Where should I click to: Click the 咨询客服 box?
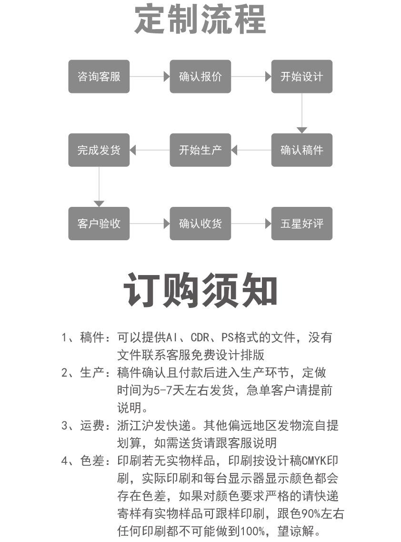click(x=99, y=76)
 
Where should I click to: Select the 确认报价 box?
click(x=200, y=76)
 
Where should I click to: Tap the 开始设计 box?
click(x=302, y=76)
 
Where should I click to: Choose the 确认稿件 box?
click(x=302, y=150)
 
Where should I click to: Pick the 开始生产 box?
click(x=200, y=150)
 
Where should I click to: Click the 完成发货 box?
click(x=99, y=150)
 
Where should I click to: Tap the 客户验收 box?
click(x=99, y=224)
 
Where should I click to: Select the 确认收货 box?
click(x=200, y=224)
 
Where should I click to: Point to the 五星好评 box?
click(x=302, y=224)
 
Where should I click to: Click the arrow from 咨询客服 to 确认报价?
click(x=150, y=76)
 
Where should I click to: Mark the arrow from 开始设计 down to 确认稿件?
click(x=302, y=113)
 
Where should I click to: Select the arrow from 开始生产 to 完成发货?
click(x=150, y=150)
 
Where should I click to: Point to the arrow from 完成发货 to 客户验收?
click(x=99, y=187)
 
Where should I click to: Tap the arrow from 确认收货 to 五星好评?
click(x=251, y=224)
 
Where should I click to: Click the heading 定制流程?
click(x=200, y=19)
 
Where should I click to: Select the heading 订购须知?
click(x=200, y=290)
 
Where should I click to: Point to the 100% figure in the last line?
click(x=252, y=531)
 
